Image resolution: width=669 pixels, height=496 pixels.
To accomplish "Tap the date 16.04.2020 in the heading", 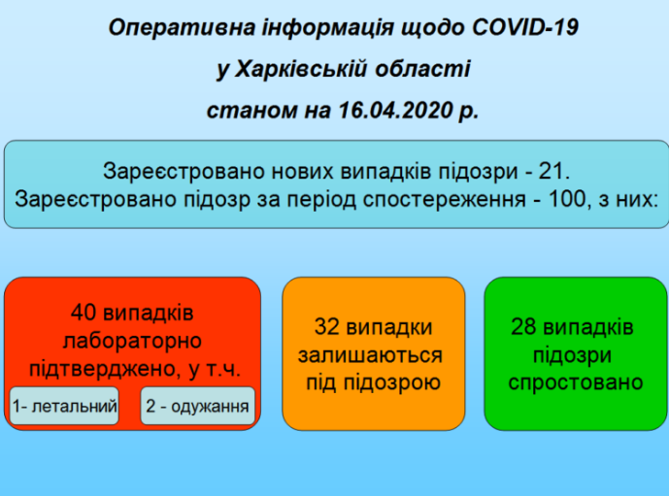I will (x=394, y=111).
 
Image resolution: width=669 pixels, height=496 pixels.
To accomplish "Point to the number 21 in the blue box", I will (x=553, y=172).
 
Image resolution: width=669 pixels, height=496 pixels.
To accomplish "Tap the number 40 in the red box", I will (x=84, y=314).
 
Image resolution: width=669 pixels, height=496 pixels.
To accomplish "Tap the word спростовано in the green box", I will (x=576, y=382).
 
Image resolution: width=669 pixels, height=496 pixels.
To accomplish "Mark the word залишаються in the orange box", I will (x=373, y=355).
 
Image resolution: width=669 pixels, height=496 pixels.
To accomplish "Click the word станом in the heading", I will (x=243, y=111).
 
